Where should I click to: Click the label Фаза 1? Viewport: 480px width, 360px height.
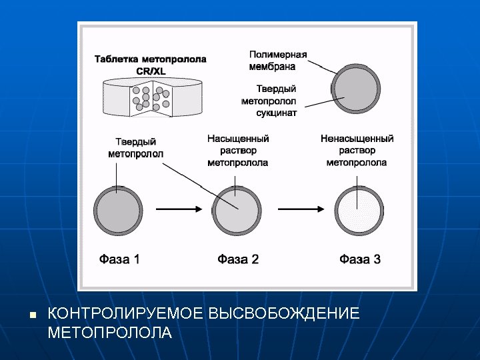pos(119,259)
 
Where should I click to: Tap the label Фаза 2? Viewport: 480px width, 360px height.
pos(238,259)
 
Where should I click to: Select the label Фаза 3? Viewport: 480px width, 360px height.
pos(359,259)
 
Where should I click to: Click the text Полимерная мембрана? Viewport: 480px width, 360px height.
pos(278,60)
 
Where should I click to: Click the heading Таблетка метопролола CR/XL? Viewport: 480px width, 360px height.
pos(150,65)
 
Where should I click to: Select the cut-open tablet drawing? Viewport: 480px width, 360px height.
pos(153,97)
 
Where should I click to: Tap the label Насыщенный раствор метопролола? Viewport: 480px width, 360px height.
pos(238,151)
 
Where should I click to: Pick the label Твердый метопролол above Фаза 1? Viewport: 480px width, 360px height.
pos(136,148)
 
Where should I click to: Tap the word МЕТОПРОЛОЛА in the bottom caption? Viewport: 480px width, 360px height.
pos(110,332)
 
